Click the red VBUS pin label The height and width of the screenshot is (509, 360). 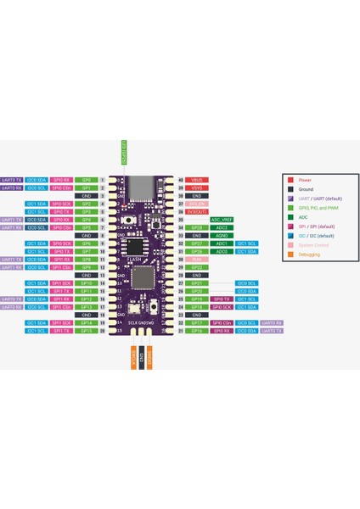click(x=197, y=180)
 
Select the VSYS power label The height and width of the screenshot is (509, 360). click(x=197, y=187)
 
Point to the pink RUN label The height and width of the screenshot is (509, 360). click(x=197, y=259)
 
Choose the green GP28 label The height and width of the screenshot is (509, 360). click(x=197, y=227)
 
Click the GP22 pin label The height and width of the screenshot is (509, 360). click(x=197, y=267)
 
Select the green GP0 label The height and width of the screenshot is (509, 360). click(x=87, y=180)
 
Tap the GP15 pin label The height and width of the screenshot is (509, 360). click(x=87, y=330)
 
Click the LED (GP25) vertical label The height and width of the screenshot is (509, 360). click(x=122, y=154)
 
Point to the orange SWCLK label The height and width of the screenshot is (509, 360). click(x=132, y=360)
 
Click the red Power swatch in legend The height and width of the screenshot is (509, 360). click(x=290, y=180)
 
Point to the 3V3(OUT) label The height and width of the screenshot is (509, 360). click(x=197, y=211)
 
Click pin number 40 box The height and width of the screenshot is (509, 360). click(x=180, y=180)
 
